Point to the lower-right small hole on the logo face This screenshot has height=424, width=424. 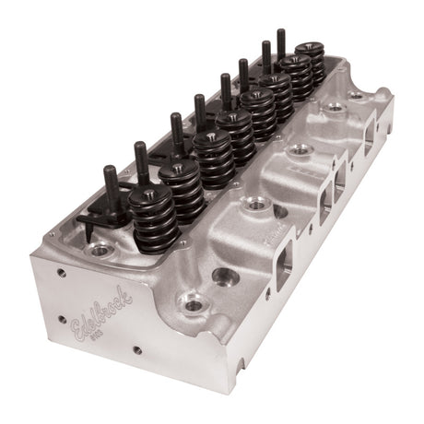135,351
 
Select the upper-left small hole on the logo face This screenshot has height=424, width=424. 60,271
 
